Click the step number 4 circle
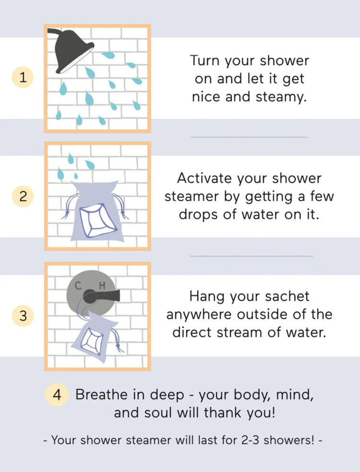pos(57,395)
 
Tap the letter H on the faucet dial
pos(102,286)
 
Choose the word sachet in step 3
pos(281,296)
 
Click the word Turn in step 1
pos(205,61)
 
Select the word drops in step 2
pos(204,214)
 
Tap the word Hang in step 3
pos(207,296)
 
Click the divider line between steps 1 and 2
pos(249,137)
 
